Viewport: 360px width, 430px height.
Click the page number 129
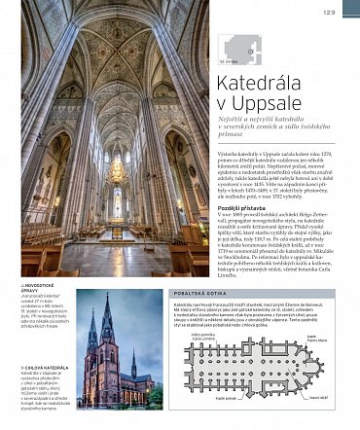click(x=330, y=12)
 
